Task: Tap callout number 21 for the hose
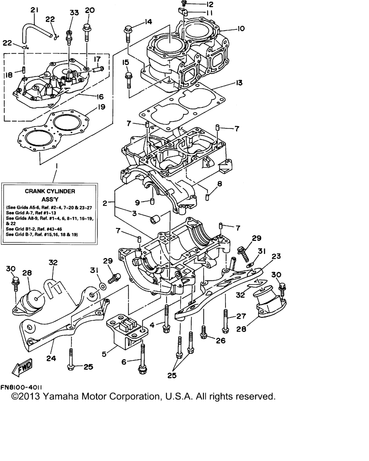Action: [x=34, y=10]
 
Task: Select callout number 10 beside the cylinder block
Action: [x=241, y=28]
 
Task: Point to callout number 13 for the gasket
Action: [x=239, y=83]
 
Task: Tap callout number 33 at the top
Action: [x=74, y=13]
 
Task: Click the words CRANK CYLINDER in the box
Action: [x=50, y=191]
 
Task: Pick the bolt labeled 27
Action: [x=226, y=319]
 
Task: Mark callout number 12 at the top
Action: [x=209, y=5]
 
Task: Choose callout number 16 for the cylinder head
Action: [x=100, y=97]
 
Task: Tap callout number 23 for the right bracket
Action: [x=276, y=256]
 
